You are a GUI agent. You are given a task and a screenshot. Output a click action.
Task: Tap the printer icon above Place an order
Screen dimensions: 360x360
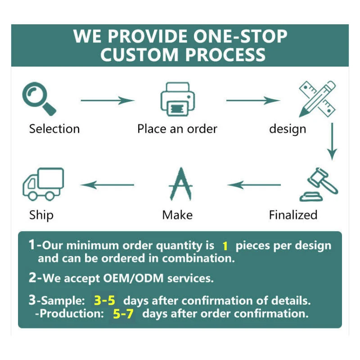pyautogui.click(x=177, y=99)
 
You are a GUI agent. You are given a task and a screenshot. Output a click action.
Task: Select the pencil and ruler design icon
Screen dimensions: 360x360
pyautogui.click(x=317, y=98)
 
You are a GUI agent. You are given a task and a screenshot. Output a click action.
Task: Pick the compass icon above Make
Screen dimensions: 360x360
pyautogui.click(x=180, y=184)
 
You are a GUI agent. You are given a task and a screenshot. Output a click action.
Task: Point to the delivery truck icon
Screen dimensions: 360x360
pyautogui.click(x=43, y=184)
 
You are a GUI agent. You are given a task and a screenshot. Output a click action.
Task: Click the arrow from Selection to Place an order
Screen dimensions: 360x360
pyautogui.click(x=108, y=100)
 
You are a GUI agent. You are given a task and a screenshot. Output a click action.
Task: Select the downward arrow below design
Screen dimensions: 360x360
pyautogui.click(x=332, y=141)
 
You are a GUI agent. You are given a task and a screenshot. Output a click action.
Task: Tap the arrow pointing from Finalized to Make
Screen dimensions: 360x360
pyautogui.click(x=254, y=184)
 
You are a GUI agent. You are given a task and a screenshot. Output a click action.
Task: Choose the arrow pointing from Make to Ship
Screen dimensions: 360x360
pyautogui.click(x=108, y=184)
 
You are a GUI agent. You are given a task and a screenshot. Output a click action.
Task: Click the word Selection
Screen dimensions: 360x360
pyautogui.click(x=54, y=129)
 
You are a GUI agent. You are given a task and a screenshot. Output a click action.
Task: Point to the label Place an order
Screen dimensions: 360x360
pyautogui.click(x=177, y=129)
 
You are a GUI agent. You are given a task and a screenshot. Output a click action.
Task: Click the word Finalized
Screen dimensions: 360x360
pyautogui.click(x=293, y=215)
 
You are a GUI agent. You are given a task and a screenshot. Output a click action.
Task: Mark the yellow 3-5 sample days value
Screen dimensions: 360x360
pyautogui.click(x=104, y=300)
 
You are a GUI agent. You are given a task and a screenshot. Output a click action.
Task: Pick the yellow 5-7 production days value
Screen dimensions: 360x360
pyautogui.click(x=123, y=314)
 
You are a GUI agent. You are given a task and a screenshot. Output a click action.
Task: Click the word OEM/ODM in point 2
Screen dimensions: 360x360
pyautogui.click(x=138, y=279)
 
